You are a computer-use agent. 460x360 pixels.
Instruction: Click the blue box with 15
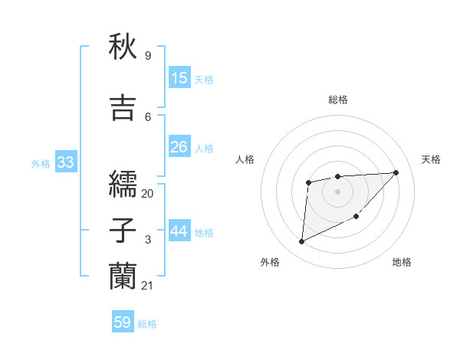[x=179, y=77]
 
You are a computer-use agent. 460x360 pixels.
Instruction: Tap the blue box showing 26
[x=179, y=147]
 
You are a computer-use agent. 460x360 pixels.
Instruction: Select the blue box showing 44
[x=179, y=231]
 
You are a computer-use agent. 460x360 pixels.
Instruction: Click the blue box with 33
[x=64, y=162]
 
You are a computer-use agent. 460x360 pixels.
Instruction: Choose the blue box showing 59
[x=123, y=322]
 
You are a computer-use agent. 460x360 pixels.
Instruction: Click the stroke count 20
[x=148, y=194]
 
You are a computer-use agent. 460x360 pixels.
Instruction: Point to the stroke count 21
[x=148, y=286]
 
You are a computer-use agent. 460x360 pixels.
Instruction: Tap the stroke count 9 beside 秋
[x=148, y=56]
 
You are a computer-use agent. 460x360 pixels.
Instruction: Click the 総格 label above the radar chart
[x=338, y=100]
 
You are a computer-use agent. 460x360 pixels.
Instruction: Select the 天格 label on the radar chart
[x=432, y=159]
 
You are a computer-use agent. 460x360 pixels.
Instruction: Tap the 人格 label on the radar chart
[x=245, y=159]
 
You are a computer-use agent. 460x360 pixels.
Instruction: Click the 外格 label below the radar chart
[x=270, y=263]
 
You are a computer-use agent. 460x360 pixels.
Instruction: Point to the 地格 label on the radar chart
[x=402, y=263]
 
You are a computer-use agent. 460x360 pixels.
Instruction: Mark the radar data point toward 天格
[x=396, y=172]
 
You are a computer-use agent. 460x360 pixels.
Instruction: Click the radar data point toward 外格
[x=301, y=242]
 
